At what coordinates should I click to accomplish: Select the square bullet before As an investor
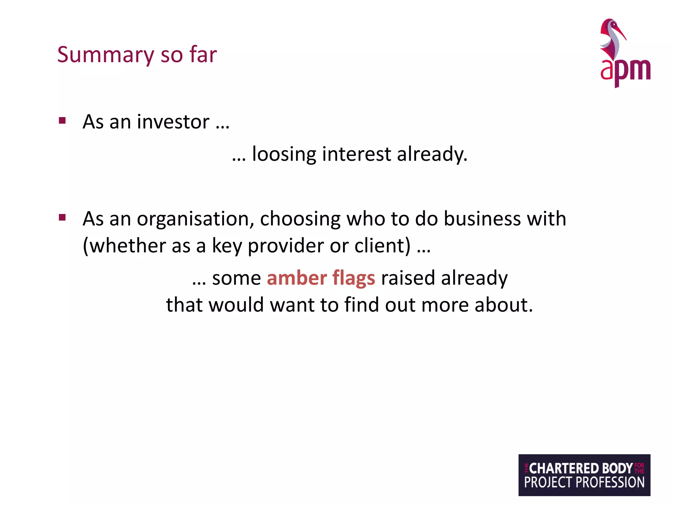click(x=62, y=121)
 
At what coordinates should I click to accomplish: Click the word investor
click(x=173, y=122)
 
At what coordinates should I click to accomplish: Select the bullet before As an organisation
click(x=62, y=217)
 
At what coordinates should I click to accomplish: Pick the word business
click(x=482, y=219)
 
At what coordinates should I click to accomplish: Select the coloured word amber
click(x=297, y=278)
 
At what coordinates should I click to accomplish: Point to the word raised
click(x=408, y=278)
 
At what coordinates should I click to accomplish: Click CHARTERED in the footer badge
click(x=564, y=468)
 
